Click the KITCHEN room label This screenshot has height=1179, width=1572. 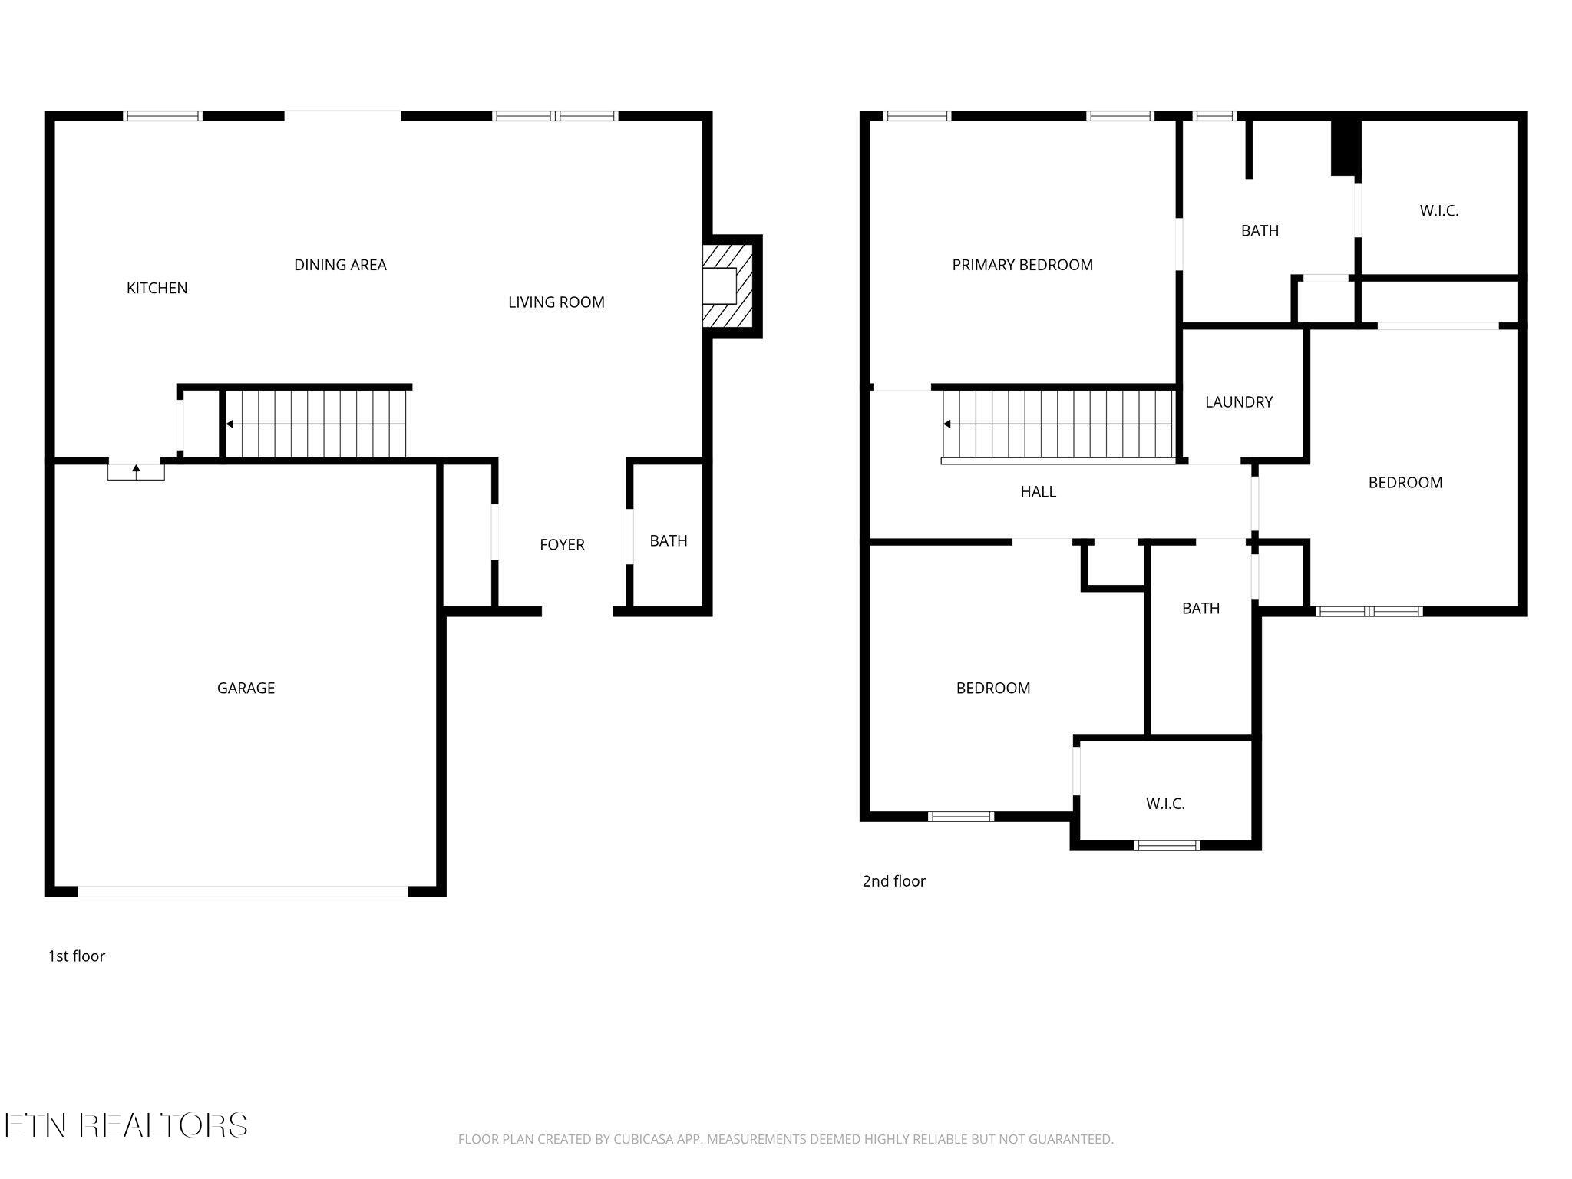click(157, 288)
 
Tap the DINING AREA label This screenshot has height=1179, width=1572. click(340, 265)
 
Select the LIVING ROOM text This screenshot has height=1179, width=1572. click(556, 302)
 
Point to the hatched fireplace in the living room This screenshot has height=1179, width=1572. click(727, 286)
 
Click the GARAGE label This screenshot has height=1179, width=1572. click(246, 689)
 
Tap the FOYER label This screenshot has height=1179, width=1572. click(562, 545)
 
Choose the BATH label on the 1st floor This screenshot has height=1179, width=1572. click(669, 541)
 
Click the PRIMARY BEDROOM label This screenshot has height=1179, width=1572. click(1022, 265)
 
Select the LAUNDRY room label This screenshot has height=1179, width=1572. click(1239, 402)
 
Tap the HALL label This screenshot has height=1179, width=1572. click(1038, 492)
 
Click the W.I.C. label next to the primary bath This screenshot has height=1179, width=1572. click(1439, 211)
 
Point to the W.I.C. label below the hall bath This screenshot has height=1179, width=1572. click(1165, 804)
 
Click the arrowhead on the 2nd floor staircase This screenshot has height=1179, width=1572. click(946, 424)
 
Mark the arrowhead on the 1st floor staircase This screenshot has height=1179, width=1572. click(229, 424)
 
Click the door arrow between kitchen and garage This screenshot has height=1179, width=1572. click(136, 470)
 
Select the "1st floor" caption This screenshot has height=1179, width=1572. click(76, 956)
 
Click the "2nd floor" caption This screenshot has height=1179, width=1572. click(894, 881)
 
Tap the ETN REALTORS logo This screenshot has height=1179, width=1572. click(125, 1125)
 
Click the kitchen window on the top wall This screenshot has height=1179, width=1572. click(163, 116)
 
